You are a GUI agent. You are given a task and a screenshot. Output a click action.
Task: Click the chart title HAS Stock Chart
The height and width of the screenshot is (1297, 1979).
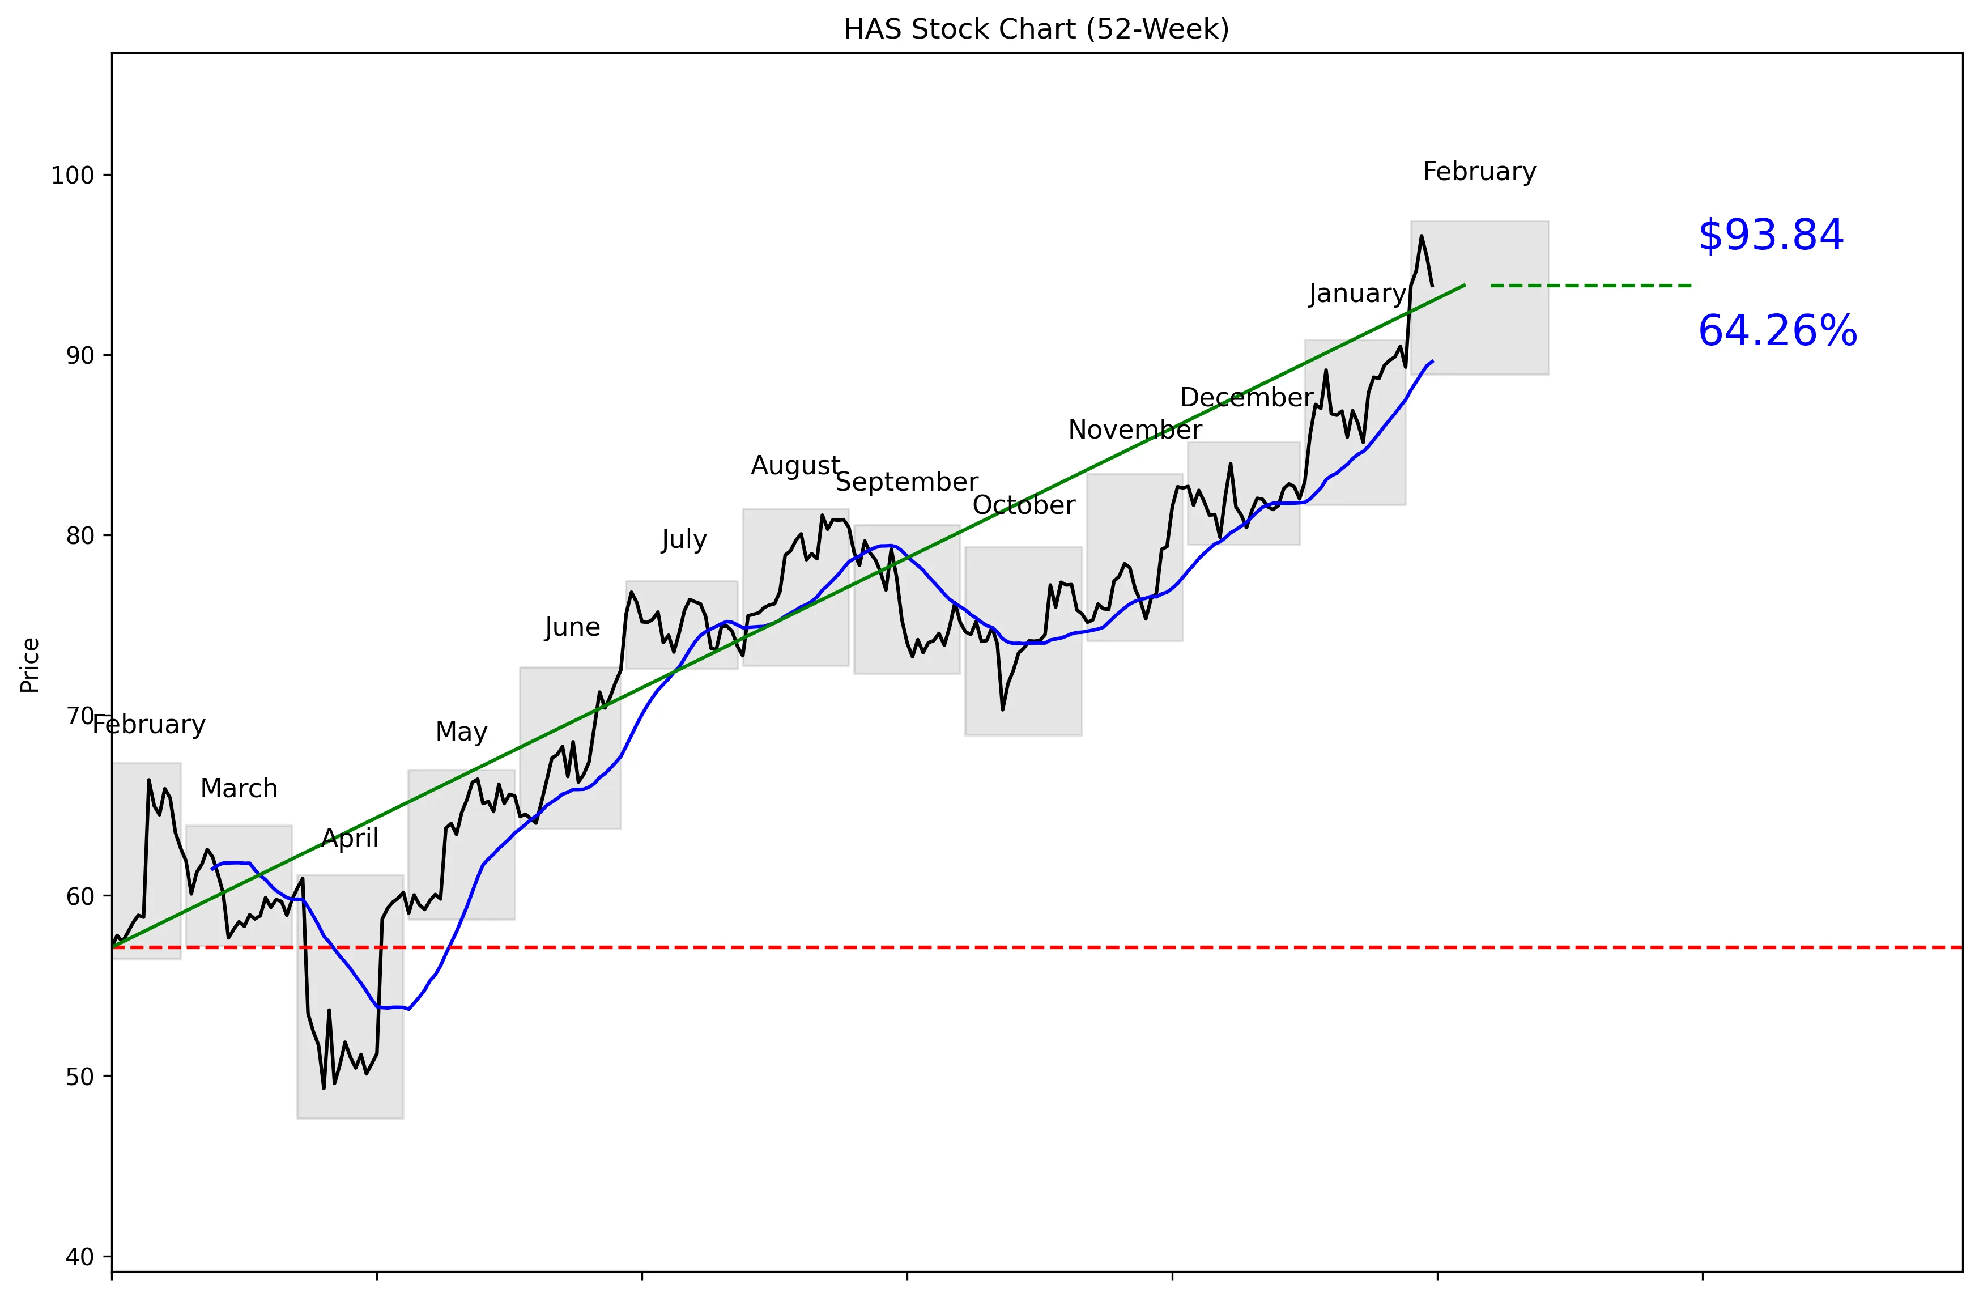tap(1036, 29)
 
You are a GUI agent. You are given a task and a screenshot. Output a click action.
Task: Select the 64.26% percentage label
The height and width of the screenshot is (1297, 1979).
tap(1777, 331)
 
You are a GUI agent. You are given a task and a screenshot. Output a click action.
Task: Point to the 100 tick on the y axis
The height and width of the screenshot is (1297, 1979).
tap(73, 176)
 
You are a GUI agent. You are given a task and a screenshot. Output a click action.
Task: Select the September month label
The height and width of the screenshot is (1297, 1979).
tap(906, 482)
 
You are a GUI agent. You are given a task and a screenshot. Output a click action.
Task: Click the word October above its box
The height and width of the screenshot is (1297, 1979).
tap(1024, 505)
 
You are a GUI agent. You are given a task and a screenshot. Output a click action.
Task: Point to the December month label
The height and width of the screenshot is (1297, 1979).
tap(1246, 397)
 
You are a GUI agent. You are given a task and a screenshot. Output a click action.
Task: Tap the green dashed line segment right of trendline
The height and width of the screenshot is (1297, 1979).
tap(1593, 285)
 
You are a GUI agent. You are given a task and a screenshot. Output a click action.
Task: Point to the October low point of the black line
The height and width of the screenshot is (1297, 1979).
tap(1003, 709)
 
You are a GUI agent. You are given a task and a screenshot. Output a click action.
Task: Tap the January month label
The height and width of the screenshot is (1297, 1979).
tap(1356, 294)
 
